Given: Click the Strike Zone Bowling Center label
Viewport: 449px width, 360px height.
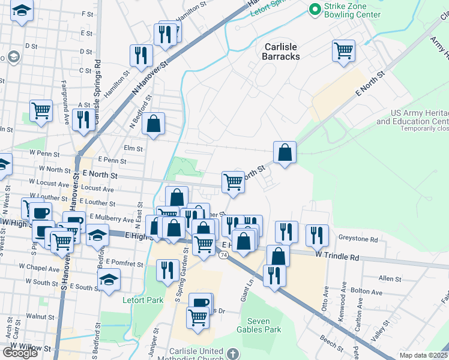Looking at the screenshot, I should [x=352, y=10].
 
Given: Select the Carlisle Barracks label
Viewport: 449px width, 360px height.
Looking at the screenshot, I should [x=280, y=52].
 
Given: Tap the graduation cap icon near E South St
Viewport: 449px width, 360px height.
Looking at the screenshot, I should [x=109, y=280].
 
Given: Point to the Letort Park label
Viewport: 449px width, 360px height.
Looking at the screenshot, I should [x=139, y=299].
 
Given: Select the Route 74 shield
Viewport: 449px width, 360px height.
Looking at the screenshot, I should [x=223, y=255].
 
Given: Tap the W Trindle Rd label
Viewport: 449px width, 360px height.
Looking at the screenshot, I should [x=338, y=257].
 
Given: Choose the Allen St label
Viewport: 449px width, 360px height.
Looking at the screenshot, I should [x=390, y=278].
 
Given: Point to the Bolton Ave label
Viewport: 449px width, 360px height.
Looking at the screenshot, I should [x=367, y=292].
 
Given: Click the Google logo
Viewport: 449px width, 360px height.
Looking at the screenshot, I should [x=20, y=353].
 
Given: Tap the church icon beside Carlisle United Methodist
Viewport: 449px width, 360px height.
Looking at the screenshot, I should [x=234, y=353].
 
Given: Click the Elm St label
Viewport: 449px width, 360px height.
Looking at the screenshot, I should [x=132, y=148].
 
